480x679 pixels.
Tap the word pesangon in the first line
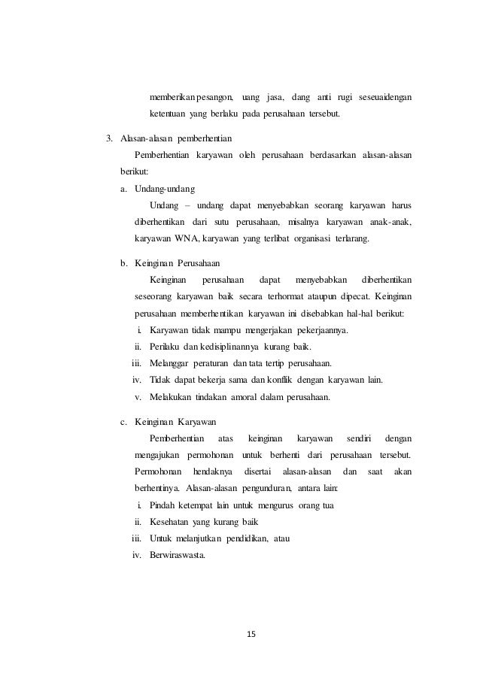coord(214,98)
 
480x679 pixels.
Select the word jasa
coord(270,98)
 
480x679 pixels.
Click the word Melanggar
coord(173,363)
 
